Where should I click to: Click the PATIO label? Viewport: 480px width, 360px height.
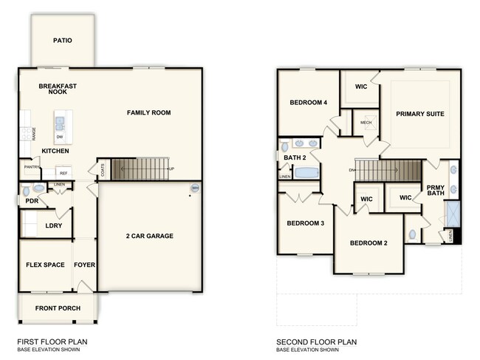tap(63, 40)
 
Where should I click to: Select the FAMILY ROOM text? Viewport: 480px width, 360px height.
tap(148, 113)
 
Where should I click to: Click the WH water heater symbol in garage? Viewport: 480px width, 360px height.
tap(195, 189)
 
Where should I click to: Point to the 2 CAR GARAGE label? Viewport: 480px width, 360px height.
tap(149, 237)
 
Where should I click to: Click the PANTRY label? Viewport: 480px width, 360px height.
tap(31, 168)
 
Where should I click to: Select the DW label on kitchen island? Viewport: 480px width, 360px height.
tap(59, 137)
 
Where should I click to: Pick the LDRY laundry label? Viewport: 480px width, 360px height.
tap(53, 225)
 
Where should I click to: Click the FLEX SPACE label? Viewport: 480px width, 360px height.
tap(45, 265)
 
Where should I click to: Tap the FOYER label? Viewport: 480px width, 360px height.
tap(85, 265)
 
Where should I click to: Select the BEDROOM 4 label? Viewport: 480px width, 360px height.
tap(309, 103)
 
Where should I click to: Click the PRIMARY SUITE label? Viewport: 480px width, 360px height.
tap(421, 114)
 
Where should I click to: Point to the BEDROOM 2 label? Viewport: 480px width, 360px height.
tap(368, 243)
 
